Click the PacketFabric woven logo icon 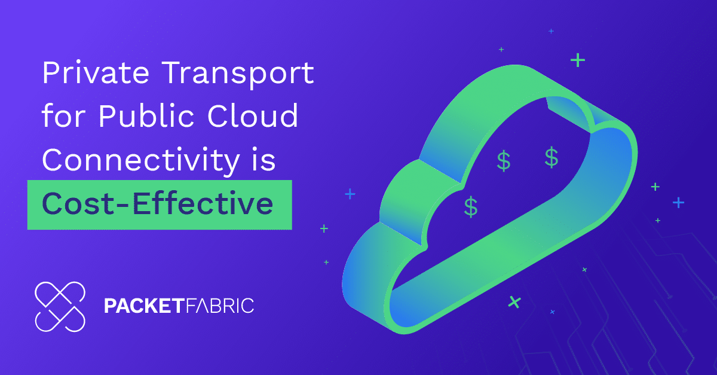(x=60, y=306)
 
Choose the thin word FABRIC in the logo (x=219, y=306)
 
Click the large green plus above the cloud (x=577, y=60)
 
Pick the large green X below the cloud (x=514, y=302)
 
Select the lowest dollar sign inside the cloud (x=471, y=206)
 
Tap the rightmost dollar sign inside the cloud (x=551, y=157)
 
